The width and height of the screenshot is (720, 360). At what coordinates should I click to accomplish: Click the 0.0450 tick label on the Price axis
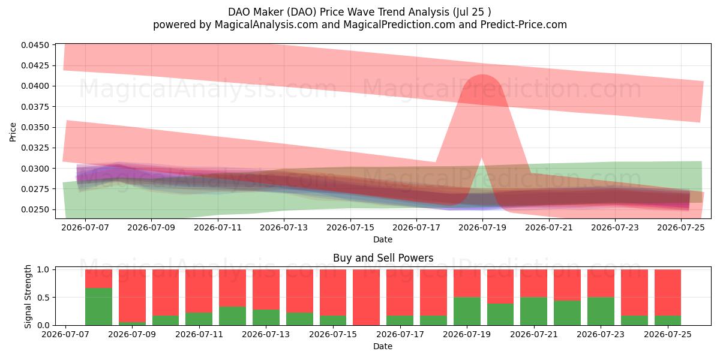point(35,45)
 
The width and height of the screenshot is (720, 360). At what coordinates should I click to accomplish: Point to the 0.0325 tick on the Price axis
point(35,148)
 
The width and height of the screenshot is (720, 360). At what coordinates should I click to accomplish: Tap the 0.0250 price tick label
point(35,209)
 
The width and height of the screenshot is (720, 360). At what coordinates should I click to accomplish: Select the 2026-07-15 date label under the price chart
point(350,227)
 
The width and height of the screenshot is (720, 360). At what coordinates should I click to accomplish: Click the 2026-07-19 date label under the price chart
point(482,227)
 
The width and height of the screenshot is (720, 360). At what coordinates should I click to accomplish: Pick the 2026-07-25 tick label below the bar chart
point(668,334)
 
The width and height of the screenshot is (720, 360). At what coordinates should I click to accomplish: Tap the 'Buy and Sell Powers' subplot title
point(383,258)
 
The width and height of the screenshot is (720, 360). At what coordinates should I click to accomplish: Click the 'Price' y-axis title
point(13,132)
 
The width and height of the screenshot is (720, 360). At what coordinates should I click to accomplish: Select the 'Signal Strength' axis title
point(28,296)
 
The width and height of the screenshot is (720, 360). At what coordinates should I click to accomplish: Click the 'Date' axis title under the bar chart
point(383,346)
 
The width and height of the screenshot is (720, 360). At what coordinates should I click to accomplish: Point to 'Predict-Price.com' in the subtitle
point(524,25)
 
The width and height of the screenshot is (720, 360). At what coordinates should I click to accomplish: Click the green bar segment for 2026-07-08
point(98,307)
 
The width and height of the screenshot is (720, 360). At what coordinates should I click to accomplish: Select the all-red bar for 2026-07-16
point(367,298)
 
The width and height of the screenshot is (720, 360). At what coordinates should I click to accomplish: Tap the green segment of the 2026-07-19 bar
point(467,311)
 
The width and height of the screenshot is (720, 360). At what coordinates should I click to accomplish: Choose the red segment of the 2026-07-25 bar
point(668,293)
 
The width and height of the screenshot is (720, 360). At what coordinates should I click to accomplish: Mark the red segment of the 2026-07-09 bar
point(132,296)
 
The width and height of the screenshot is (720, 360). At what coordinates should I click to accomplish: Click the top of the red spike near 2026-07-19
point(483,74)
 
